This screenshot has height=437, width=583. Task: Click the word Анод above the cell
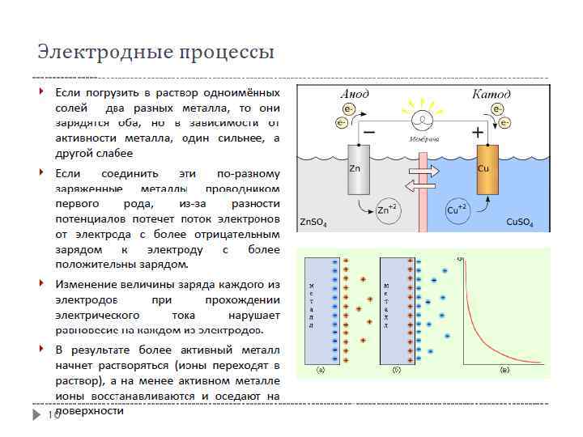(x=354, y=95)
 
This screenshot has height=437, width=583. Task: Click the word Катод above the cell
(x=492, y=95)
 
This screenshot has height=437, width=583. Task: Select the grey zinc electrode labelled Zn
(x=358, y=170)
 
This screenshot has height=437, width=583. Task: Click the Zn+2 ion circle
(x=388, y=210)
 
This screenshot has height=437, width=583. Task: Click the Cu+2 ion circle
(x=457, y=210)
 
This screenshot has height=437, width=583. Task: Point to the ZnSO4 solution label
(x=313, y=222)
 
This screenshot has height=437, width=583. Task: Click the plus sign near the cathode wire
(x=479, y=131)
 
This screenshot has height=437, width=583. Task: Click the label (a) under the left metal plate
(x=321, y=370)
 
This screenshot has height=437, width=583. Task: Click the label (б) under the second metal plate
(x=397, y=370)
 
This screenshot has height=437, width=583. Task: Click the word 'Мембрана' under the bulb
(x=423, y=139)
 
